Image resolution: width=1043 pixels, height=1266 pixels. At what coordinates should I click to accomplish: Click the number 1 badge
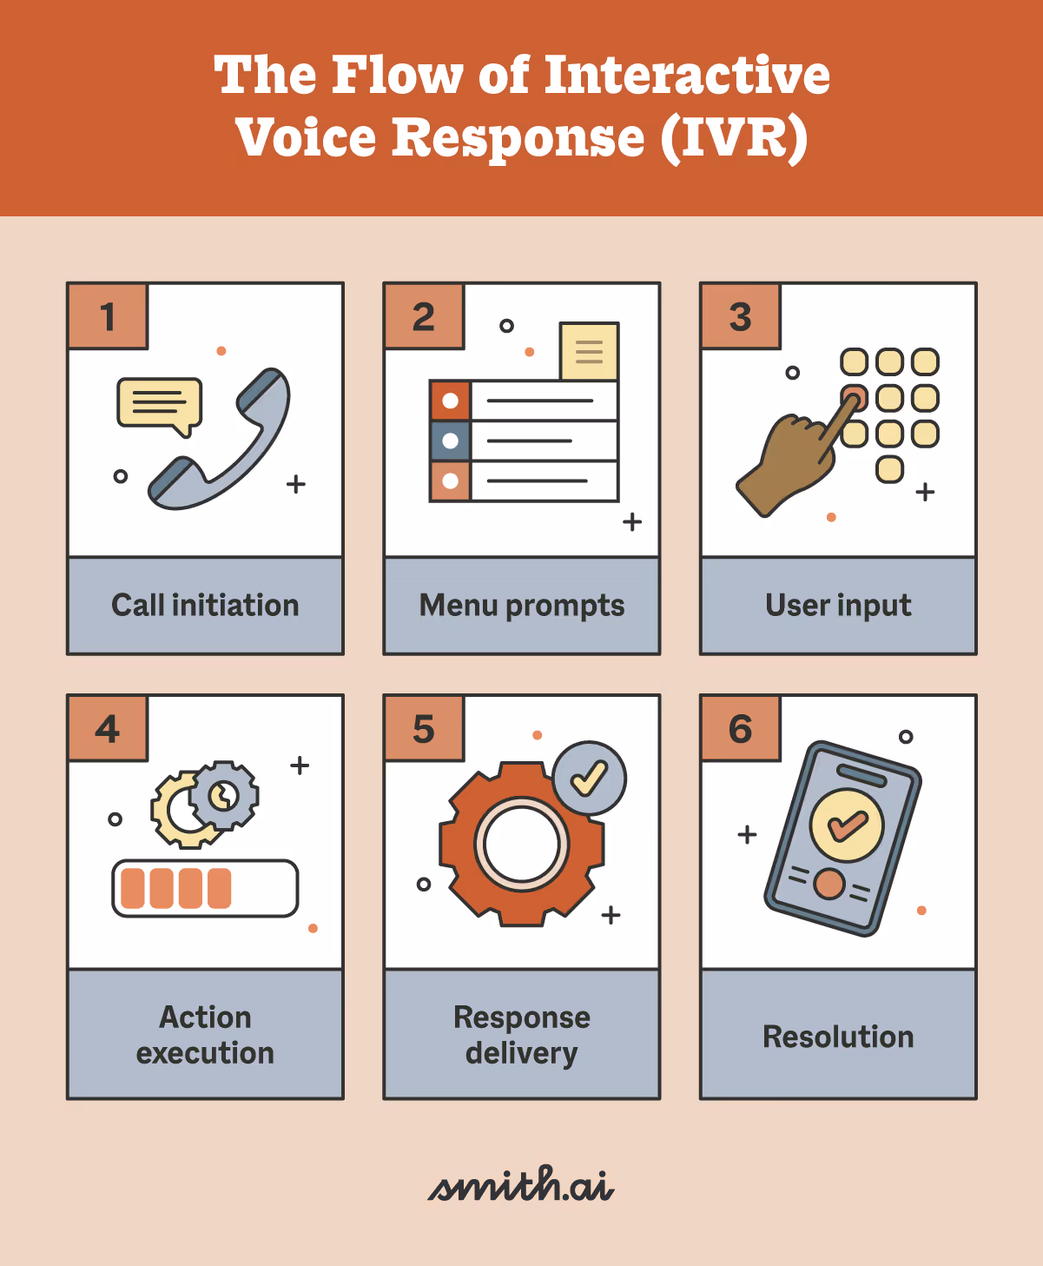click(108, 317)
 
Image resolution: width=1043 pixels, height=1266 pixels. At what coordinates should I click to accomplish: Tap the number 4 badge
click(108, 729)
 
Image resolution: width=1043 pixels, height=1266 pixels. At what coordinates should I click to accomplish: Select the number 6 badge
click(740, 729)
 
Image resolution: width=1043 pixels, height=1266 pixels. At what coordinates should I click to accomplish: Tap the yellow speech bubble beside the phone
click(160, 403)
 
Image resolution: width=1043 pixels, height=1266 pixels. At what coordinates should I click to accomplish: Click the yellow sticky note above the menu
click(589, 351)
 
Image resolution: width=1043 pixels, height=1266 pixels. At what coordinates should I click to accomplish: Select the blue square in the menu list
click(450, 441)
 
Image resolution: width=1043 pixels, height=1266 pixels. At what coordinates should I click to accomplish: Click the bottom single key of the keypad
click(889, 469)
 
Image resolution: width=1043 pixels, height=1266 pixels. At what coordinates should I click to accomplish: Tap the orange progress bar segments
click(176, 888)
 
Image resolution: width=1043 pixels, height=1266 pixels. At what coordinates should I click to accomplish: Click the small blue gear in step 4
click(225, 794)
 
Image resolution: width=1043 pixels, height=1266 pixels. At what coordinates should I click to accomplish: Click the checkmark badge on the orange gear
click(589, 778)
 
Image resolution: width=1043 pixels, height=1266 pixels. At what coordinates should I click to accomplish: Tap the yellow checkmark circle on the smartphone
click(846, 825)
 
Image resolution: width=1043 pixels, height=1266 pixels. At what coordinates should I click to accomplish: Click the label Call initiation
click(205, 605)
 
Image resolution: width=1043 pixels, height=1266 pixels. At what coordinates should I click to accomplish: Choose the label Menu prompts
click(522, 605)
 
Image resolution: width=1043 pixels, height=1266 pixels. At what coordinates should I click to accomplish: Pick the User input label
click(838, 605)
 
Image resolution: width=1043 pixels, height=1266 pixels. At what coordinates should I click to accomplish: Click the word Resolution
click(838, 1037)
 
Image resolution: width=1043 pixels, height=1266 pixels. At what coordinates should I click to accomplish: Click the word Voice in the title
click(306, 138)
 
